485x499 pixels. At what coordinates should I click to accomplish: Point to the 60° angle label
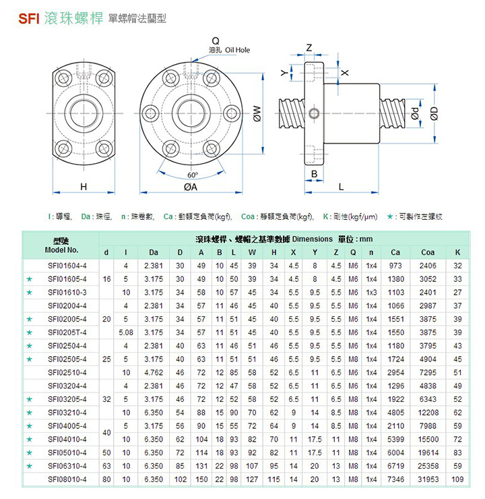point(193,174)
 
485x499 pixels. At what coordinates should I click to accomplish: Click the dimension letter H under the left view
point(84,186)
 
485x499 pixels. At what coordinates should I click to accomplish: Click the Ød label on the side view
point(416,115)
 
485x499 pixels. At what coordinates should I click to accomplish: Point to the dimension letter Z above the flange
point(309,48)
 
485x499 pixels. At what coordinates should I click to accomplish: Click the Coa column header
point(427,252)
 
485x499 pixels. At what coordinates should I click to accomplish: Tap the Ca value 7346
point(395,479)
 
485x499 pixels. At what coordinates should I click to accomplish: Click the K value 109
point(458,479)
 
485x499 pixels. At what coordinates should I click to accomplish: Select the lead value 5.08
point(126,332)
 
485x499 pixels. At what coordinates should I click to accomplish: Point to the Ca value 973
point(395,266)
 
